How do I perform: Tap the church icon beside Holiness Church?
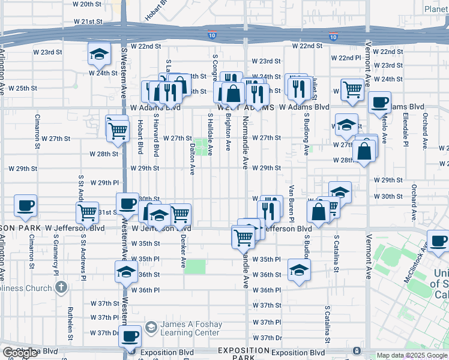click(60, 288)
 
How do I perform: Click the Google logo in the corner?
click(20, 353)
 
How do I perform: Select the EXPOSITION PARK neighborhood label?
click(244, 353)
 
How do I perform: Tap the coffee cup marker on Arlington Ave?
click(26, 206)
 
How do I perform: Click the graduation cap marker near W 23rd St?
click(99, 55)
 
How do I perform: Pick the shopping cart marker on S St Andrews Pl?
click(88, 212)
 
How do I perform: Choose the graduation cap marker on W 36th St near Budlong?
click(298, 269)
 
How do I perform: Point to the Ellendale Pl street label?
click(405, 131)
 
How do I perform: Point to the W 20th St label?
click(87, 4)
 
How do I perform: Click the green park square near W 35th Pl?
click(195, 266)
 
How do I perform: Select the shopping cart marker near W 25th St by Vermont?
click(353, 90)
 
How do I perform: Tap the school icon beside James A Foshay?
click(150, 328)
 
